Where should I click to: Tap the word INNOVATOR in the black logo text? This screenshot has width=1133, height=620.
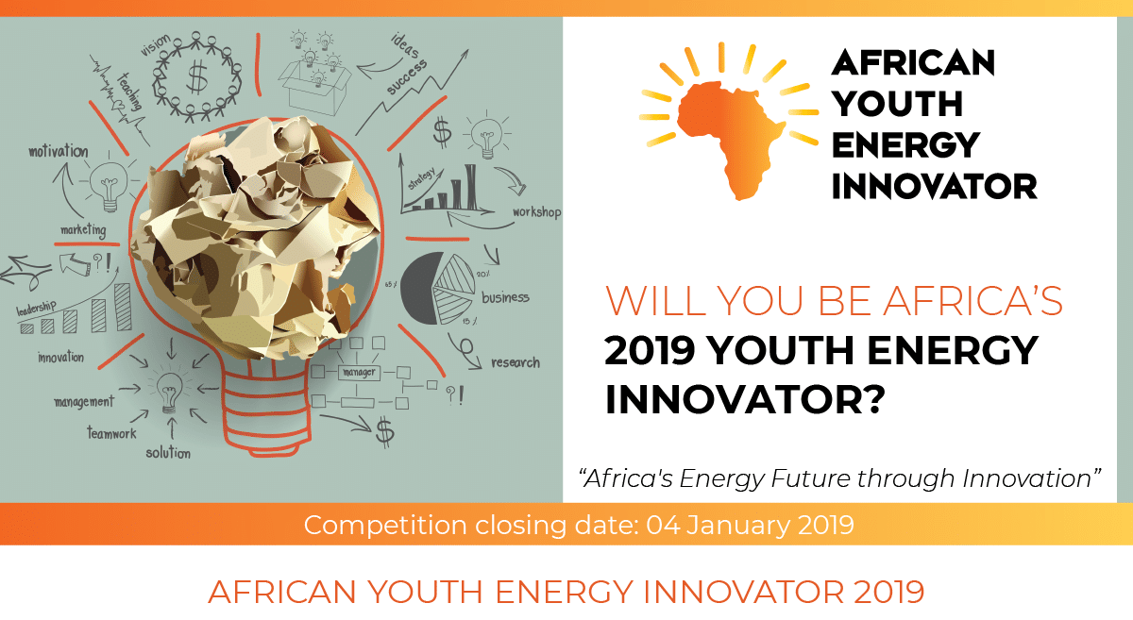[x=934, y=187]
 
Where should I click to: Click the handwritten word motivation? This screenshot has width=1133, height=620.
[x=59, y=151]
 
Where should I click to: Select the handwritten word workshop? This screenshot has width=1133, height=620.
[x=536, y=212]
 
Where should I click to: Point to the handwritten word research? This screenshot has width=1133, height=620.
[x=516, y=362]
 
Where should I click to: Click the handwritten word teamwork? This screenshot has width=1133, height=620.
[x=111, y=433]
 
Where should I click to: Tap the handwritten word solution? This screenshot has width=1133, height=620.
[x=168, y=452]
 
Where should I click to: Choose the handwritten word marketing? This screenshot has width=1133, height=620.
[x=83, y=230]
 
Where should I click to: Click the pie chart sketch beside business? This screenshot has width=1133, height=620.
[x=437, y=288]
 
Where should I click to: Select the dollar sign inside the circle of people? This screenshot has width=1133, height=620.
[x=197, y=76]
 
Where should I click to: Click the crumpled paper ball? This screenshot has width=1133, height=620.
[x=256, y=238]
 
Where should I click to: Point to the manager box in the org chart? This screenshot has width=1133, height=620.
[x=359, y=373]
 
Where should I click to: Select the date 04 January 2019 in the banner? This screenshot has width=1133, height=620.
[x=750, y=525]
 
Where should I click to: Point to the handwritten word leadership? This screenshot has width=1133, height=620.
[x=36, y=308]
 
